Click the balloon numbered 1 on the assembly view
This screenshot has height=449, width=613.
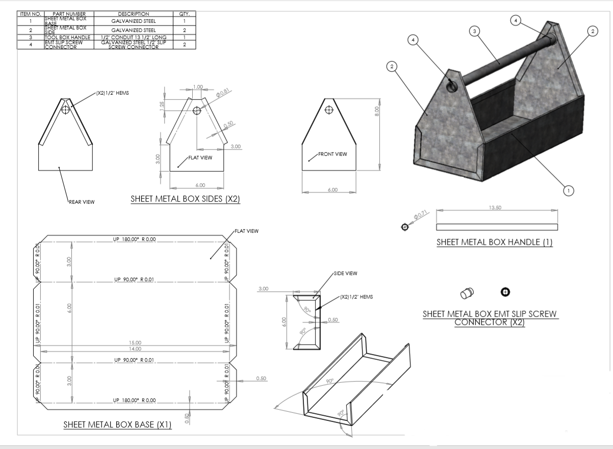pyautogui.click(x=567, y=190)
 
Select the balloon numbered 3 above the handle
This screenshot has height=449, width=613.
pyautogui.click(x=475, y=32)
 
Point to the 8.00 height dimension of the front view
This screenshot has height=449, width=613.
pyautogui.click(x=376, y=109)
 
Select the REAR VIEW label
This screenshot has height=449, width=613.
pyautogui.click(x=82, y=202)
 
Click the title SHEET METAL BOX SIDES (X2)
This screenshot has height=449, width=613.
pyautogui.click(x=185, y=199)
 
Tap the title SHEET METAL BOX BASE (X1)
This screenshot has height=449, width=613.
pyautogui.click(x=117, y=425)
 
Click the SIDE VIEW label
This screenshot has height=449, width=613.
pyautogui.click(x=345, y=273)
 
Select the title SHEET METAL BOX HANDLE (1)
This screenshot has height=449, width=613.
pyautogui.click(x=494, y=242)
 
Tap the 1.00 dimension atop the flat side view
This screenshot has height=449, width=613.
pyautogui.click(x=198, y=86)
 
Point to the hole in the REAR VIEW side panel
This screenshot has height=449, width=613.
pyautogui.click(x=65, y=110)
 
